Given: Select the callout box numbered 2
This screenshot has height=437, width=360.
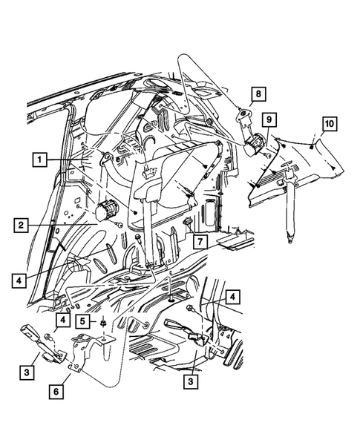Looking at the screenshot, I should (21, 223).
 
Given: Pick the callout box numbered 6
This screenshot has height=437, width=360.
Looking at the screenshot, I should (56, 389).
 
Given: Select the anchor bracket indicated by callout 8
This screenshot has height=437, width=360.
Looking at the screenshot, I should (243, 116).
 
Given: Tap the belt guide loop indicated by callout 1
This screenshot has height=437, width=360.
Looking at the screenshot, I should (106, 158).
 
